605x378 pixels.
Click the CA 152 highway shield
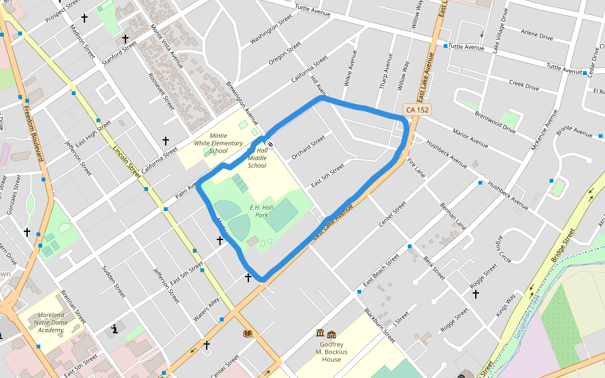tap(417, 110)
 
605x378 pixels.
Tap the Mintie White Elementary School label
tap(219, 144)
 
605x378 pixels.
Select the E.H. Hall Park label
tap(262, 211)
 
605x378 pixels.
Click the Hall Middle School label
tap(257, 158)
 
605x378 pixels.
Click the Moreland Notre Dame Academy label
tap(50, 322)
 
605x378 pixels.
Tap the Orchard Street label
tap(308, 147)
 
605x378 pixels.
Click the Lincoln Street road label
tap(127, 161)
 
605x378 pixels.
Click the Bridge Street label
tap(563, 245)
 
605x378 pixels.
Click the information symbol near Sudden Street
tap(115, 329)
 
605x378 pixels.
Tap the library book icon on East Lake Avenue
tap(248, 333)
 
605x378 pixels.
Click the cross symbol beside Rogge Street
tap(475, 294)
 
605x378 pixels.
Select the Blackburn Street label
tap(379, 325)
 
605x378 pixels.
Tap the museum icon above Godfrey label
tap(320, 333)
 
